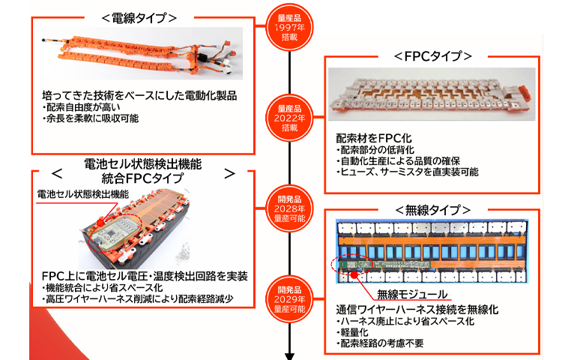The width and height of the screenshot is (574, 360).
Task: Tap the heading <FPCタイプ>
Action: [432, 56]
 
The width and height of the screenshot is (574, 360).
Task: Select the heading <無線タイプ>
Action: [432, 209]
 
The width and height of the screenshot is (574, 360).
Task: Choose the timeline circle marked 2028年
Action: [288, 207]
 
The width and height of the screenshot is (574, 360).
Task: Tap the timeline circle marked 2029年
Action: [288, 298]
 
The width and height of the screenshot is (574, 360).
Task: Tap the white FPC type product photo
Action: [433, 97]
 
